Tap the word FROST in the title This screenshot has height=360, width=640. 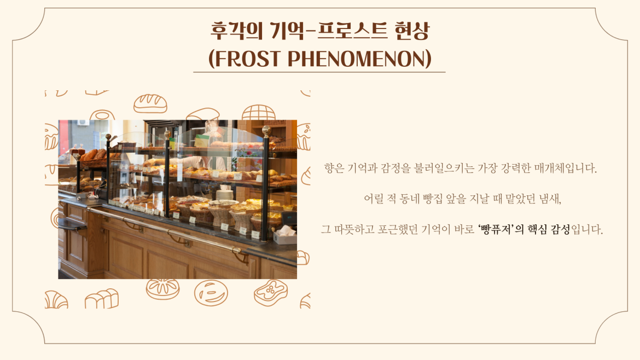point(247,59)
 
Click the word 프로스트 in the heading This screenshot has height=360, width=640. point(352,31)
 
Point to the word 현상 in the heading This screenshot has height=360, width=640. point(412,31)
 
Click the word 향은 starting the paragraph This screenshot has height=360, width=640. point(334,168)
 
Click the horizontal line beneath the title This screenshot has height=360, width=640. point(319,72)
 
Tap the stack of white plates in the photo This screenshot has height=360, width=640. point(224,194)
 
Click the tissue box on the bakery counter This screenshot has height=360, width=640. point(285,235)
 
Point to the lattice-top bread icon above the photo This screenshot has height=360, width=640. point(258,112)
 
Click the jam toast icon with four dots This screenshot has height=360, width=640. point(270,292)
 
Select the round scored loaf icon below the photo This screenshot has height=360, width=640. point(163,288)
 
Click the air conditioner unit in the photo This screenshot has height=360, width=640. point(83,123)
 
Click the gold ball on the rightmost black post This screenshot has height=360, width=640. point(266,130)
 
